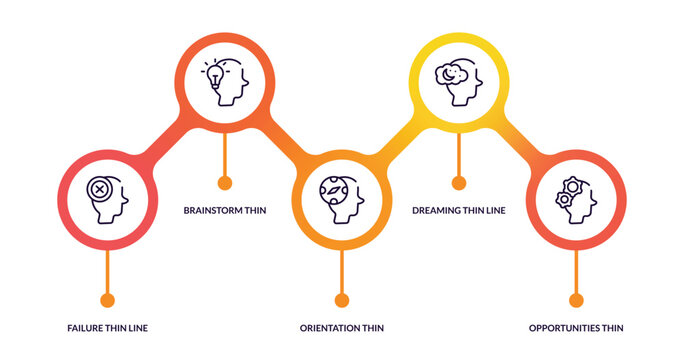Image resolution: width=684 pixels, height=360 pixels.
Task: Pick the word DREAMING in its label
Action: pyautogui.click(x=437, y=211)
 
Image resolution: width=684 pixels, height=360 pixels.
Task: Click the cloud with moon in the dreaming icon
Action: pyautogui.click(x=450, y=73)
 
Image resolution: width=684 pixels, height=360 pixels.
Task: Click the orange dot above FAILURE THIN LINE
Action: pyautogui.click(x=107, y=299)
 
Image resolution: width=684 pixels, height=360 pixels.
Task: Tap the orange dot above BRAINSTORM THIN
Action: pyautogui.click(x=225, y=182)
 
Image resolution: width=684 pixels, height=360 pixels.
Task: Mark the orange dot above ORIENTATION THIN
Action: pyautogui.click(x=342, y=299)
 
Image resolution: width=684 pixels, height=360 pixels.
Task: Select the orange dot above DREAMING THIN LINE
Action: pyautogui.click(x=459, y=182)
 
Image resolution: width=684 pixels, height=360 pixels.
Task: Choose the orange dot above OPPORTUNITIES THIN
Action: pyautogui.click(x=576, y=299)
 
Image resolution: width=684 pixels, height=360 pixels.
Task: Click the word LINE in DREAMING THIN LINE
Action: pyautogui.click(x=493, y=211)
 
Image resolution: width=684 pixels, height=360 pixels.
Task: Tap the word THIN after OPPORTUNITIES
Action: pyautogui.click(x=613, y=328)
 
